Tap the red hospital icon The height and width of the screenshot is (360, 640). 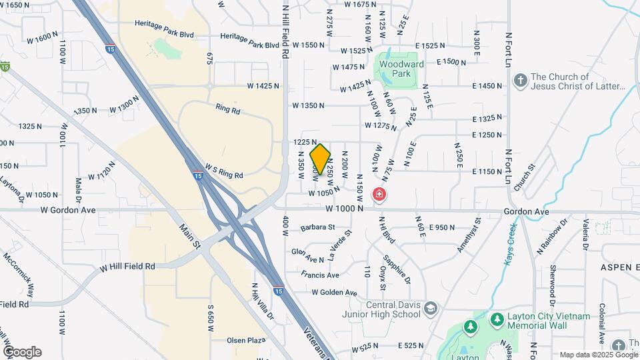pos(379,195)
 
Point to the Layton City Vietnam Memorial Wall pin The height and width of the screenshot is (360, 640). pos(497,321)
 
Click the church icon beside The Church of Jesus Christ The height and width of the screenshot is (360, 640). pos(521,81)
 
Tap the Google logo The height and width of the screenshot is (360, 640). pos(22,352)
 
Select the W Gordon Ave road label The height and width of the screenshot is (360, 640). pos(67,210)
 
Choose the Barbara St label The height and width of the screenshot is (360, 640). pos(317,227)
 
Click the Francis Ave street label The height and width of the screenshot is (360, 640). pos(320,275)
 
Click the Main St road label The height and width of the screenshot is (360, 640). pos(190,236)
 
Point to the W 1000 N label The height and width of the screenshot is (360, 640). pos(345,209)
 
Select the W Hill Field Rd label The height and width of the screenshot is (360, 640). pos(127,266)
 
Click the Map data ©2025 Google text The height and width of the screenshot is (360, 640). pos(598,355)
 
